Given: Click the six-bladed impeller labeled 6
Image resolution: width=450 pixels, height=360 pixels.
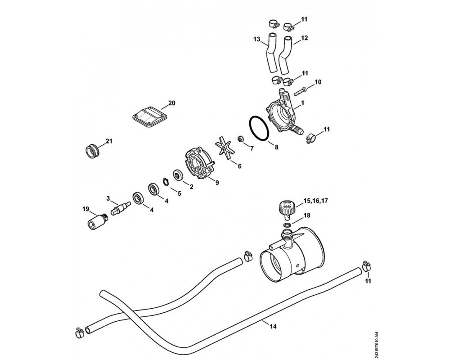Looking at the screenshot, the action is pyautogui.click(x=224, y=149).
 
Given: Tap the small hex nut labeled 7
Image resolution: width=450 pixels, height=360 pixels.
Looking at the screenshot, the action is pyautogui.click(x=240, y=139).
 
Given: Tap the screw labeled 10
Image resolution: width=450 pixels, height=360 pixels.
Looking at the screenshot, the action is pyautogui.click(x=300, y=92).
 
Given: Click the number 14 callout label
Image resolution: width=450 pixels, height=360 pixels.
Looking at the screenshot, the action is pyautogui.click(x=273, y=326).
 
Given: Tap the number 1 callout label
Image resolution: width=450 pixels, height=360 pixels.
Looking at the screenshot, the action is pyautogui.click(x=303, y=102).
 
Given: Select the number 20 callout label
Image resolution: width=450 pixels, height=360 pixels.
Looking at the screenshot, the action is pyautogui.click(x=171, y=103).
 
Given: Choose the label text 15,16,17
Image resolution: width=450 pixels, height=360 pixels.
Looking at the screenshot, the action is pyautogui.click(x=315, y=201).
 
